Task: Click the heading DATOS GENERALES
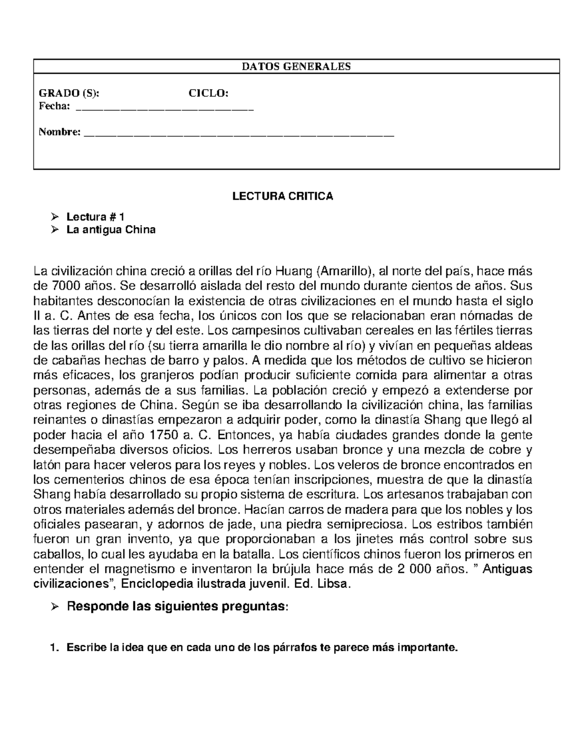(x=296, y=67)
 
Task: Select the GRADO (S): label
(x=69, y=93)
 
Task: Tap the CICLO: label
(x=208, y=93)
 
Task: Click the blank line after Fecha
(x=165, y=109)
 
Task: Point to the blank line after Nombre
(x=238, y=135)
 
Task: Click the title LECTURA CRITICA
(x=283, y=196)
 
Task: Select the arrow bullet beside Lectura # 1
(x=55, y=217)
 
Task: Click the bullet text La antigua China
(x=111, y=230)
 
